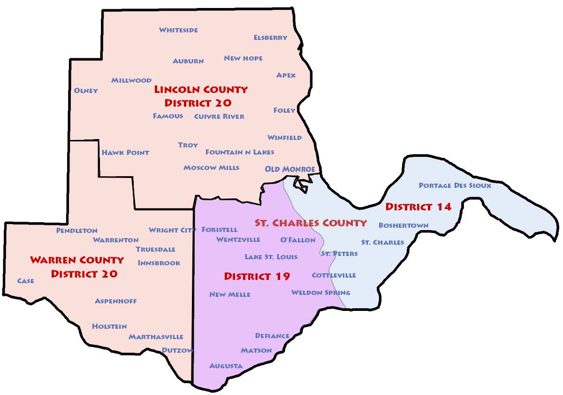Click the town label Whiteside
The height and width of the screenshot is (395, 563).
pyautogui.click(x=178, y=30)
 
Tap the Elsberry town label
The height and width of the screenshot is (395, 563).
pyautogui.click(x=270, y=38)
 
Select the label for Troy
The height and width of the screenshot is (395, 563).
pyautogui.click(x=188, y=145)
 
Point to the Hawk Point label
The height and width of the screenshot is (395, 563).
pyautogui.click(x=125, y=153)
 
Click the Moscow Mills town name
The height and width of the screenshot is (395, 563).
pyautogui.click(x=211, y=168)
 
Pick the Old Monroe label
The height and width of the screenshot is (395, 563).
pyautogui.click(x=289, y=169)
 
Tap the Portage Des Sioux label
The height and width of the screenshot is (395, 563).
pyautogui.click(x=455, y=186)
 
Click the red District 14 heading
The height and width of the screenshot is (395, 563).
pyautogui.click(x=418, y=207)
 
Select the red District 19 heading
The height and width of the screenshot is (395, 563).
pyautogui.click(x=257, y=276)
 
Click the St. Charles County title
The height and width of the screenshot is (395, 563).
pyautogui.click(x=311, y=223)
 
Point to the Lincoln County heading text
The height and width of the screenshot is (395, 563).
pyautogui.click(x=201, y=89)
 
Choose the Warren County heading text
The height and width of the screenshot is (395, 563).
pyautogui.click(x=77, y=260)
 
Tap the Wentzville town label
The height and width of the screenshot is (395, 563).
pyautogui.click(x=238, y=240)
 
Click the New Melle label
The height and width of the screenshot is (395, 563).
pyautogui.click(x=229, y=294)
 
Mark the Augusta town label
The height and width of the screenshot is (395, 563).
pyautogui.click(x=226, y=366)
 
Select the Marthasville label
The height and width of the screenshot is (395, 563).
pyautogui.click(x=156, y=337)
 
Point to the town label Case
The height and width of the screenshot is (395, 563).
pyautogui.click(x=25, y=281)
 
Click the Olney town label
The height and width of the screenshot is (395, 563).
pyautogui.click(x=86, y=91)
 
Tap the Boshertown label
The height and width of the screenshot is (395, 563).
pyautogui.click(x=403, y=225)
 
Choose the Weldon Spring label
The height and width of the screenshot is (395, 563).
pyautogui.click(x=320, y=293)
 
